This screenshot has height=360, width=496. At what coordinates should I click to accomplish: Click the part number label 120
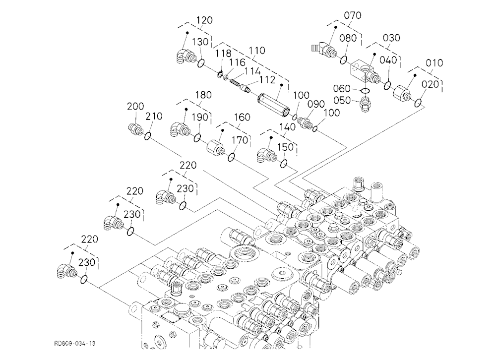tap(204, 20)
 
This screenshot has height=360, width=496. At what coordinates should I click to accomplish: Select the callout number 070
tap(352, 15)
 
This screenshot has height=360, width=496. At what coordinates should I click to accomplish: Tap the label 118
tap(223, 53)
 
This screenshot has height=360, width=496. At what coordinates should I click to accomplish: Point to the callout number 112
tap(268, 80)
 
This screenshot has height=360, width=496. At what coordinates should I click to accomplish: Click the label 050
tap(342, 100)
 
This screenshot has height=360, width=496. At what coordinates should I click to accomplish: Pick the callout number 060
tap(342, 88)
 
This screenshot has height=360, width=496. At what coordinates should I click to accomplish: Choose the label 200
tap(135, 106)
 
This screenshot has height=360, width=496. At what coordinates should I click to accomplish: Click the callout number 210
tap(154, 116)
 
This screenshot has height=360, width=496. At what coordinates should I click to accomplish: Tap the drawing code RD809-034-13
tap(75, 343)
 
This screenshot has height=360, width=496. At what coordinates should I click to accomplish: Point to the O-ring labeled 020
tap(418, 103)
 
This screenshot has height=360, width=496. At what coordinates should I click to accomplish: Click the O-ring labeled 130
tap(200, 63)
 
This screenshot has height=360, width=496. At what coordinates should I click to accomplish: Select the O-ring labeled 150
tap(284, 164)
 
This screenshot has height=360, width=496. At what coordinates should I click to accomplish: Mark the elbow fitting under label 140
tap(267, 155)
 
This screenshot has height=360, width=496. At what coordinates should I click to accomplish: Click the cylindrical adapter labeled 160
tap(216, 147)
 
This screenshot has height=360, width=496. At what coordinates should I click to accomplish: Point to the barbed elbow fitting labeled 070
tap(323, 50)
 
